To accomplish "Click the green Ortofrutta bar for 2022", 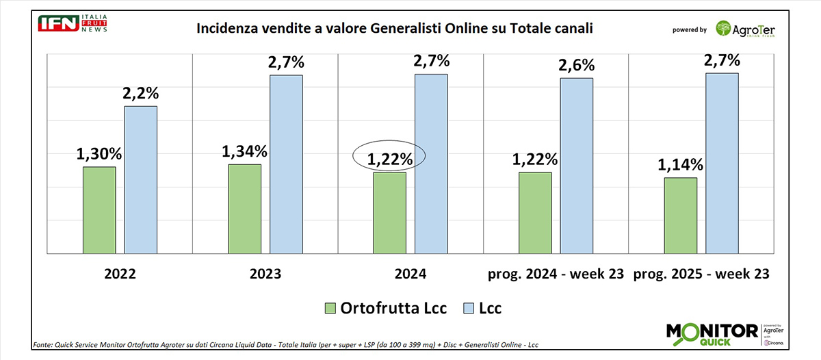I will coord(99,210).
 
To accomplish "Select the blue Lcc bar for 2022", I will coord(140,179).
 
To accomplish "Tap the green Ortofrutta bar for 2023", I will coord(244,209).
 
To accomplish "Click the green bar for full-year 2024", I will coord(389,213).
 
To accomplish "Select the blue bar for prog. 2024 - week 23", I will coord(576,166).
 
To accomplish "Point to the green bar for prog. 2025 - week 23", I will coord(680,216).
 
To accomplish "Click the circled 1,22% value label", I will coord(390,159).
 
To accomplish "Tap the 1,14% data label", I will coord(680,164).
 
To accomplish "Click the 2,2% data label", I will coord(140,93).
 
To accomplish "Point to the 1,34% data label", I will coord(244,151).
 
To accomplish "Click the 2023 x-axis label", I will coord(265,274).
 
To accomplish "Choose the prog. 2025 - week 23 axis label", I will coord(701,274).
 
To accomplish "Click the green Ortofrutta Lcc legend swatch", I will coord(330,309).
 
